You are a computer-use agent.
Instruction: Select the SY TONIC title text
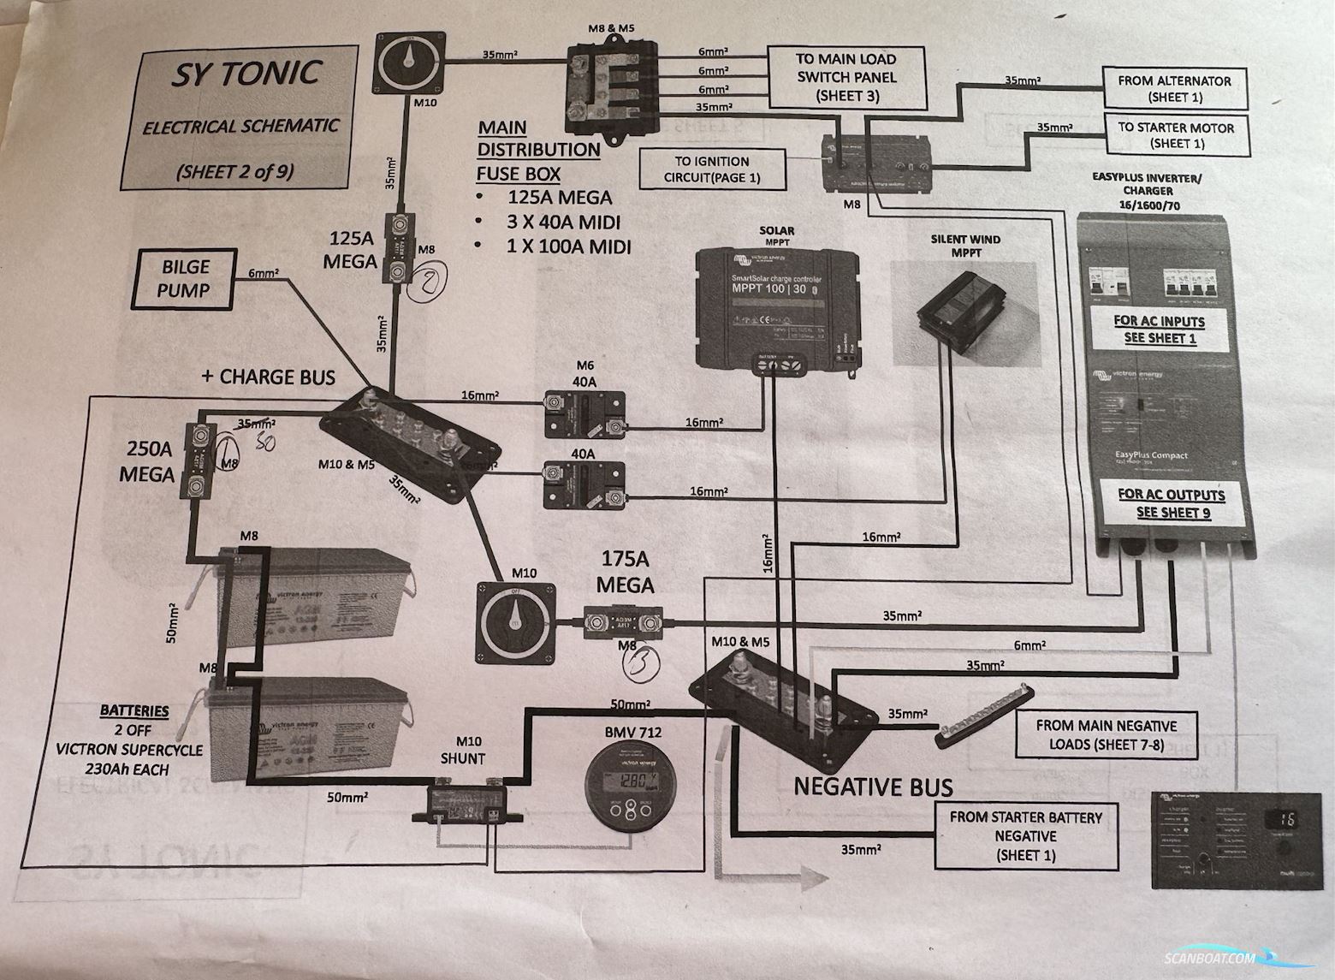pos(246,74)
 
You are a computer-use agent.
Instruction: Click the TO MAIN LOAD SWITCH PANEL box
pos(846,78)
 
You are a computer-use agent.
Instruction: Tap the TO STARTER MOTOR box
pos(1175,135)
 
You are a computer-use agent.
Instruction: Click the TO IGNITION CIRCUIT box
pos(712,169)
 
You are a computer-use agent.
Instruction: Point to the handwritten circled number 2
pos(424,282)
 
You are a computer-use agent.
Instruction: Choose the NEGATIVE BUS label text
pos(873,786)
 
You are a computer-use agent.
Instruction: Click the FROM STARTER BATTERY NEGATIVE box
pos(1025,835)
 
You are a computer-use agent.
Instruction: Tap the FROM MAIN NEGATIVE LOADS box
pos(1106,734)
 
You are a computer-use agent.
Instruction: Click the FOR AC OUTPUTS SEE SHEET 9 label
pos(1170,503)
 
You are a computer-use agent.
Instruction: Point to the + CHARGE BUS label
pos(268,377)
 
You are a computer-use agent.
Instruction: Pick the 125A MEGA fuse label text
pos(350,249)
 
